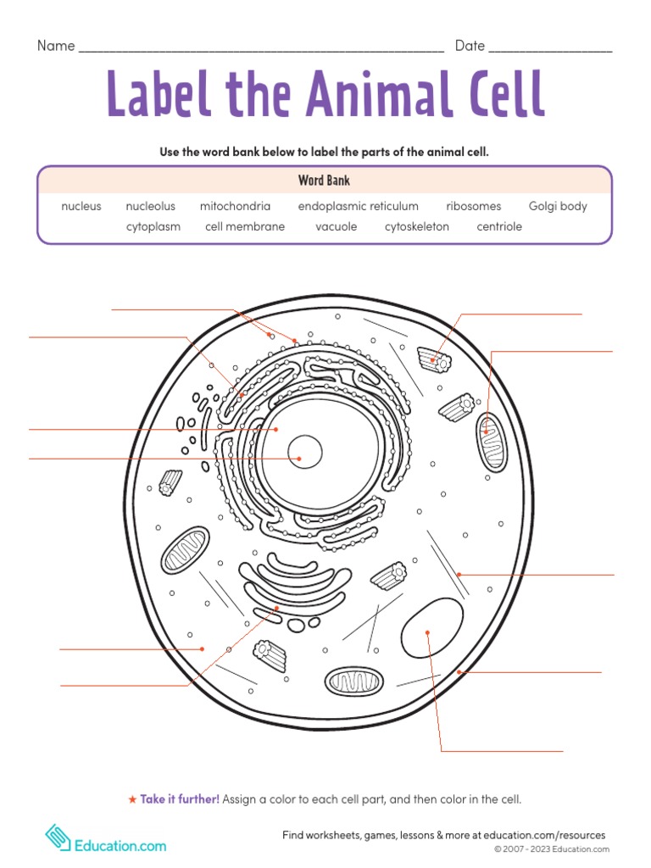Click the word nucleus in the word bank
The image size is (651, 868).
tap(81, 206)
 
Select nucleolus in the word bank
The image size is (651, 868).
tap(150, 206)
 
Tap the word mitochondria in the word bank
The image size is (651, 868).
tap(235, 206)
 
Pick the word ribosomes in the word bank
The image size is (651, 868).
tap(473, 206)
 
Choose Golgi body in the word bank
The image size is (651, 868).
tap(558, 206)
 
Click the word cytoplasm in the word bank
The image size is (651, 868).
tap(153, 226)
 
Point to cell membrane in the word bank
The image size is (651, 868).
tap(245, 226)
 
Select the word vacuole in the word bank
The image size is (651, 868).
tap(337, 226)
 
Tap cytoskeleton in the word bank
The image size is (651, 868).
tap(417, 226)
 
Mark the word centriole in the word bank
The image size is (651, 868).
tap(499, 226)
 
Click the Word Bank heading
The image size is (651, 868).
tap(324, 181)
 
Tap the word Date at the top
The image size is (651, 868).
tap(470, 46)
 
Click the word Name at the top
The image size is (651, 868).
tap(56, 46)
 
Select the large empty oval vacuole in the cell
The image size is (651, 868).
tap(431, 628)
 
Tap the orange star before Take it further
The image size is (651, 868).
tap(131, 799)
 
